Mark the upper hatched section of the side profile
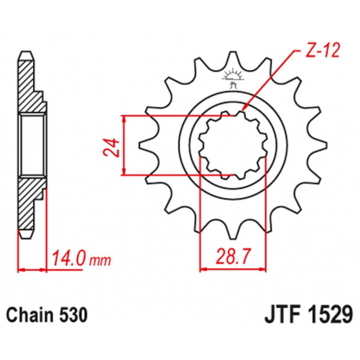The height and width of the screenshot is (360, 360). [29, 86]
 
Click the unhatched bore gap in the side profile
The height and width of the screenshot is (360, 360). [29, 143]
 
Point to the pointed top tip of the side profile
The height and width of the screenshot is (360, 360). [26, 53]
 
